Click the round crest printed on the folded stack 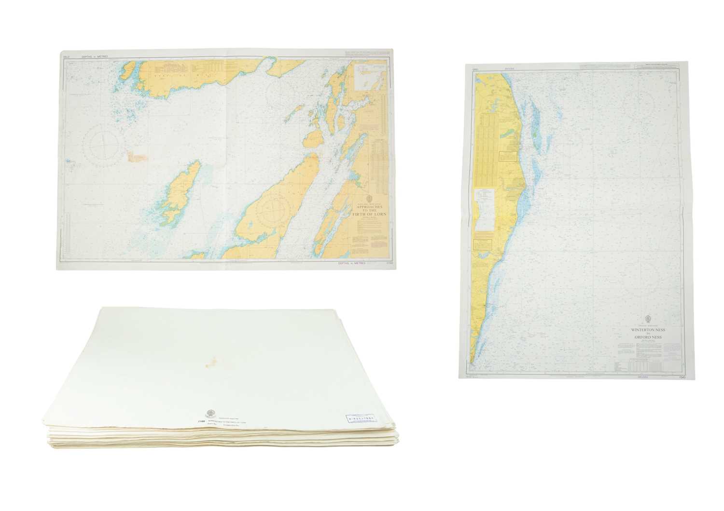coord(211,414)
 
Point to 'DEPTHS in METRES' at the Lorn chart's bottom coord(349,263)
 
